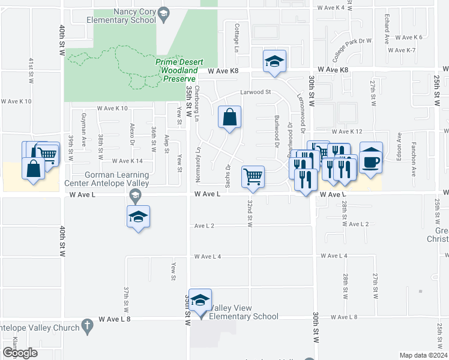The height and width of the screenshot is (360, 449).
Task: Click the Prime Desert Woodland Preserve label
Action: [x=179, y=70]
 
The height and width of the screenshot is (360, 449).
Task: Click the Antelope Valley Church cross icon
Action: [x=87, y=327]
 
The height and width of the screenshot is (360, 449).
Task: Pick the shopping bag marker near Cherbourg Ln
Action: [x=230, y=118]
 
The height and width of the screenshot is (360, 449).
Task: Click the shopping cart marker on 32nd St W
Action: [x=253, y=177]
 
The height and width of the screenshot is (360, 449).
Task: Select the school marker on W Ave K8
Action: [x=274, y=61]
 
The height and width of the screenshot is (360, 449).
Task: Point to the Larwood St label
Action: [x=256, y=92]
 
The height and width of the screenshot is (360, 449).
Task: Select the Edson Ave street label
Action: [x=398, y=150]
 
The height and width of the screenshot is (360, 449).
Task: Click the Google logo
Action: [x=20, y=353]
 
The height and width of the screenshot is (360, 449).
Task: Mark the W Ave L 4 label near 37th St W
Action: [x=208, y=256]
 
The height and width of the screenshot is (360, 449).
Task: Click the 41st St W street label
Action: [x=31, y=70]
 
